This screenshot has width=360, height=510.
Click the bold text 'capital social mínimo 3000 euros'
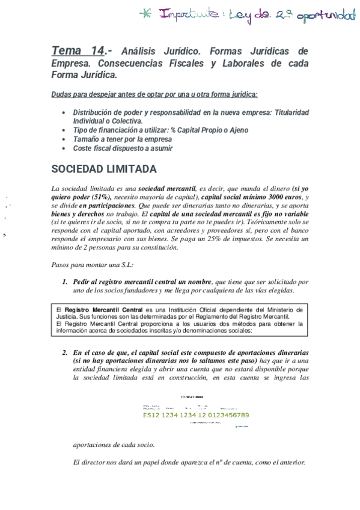pyautogui.click(x=252, y=197)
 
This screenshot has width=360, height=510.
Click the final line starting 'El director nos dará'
pyautogui.click(x=189, y=462)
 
